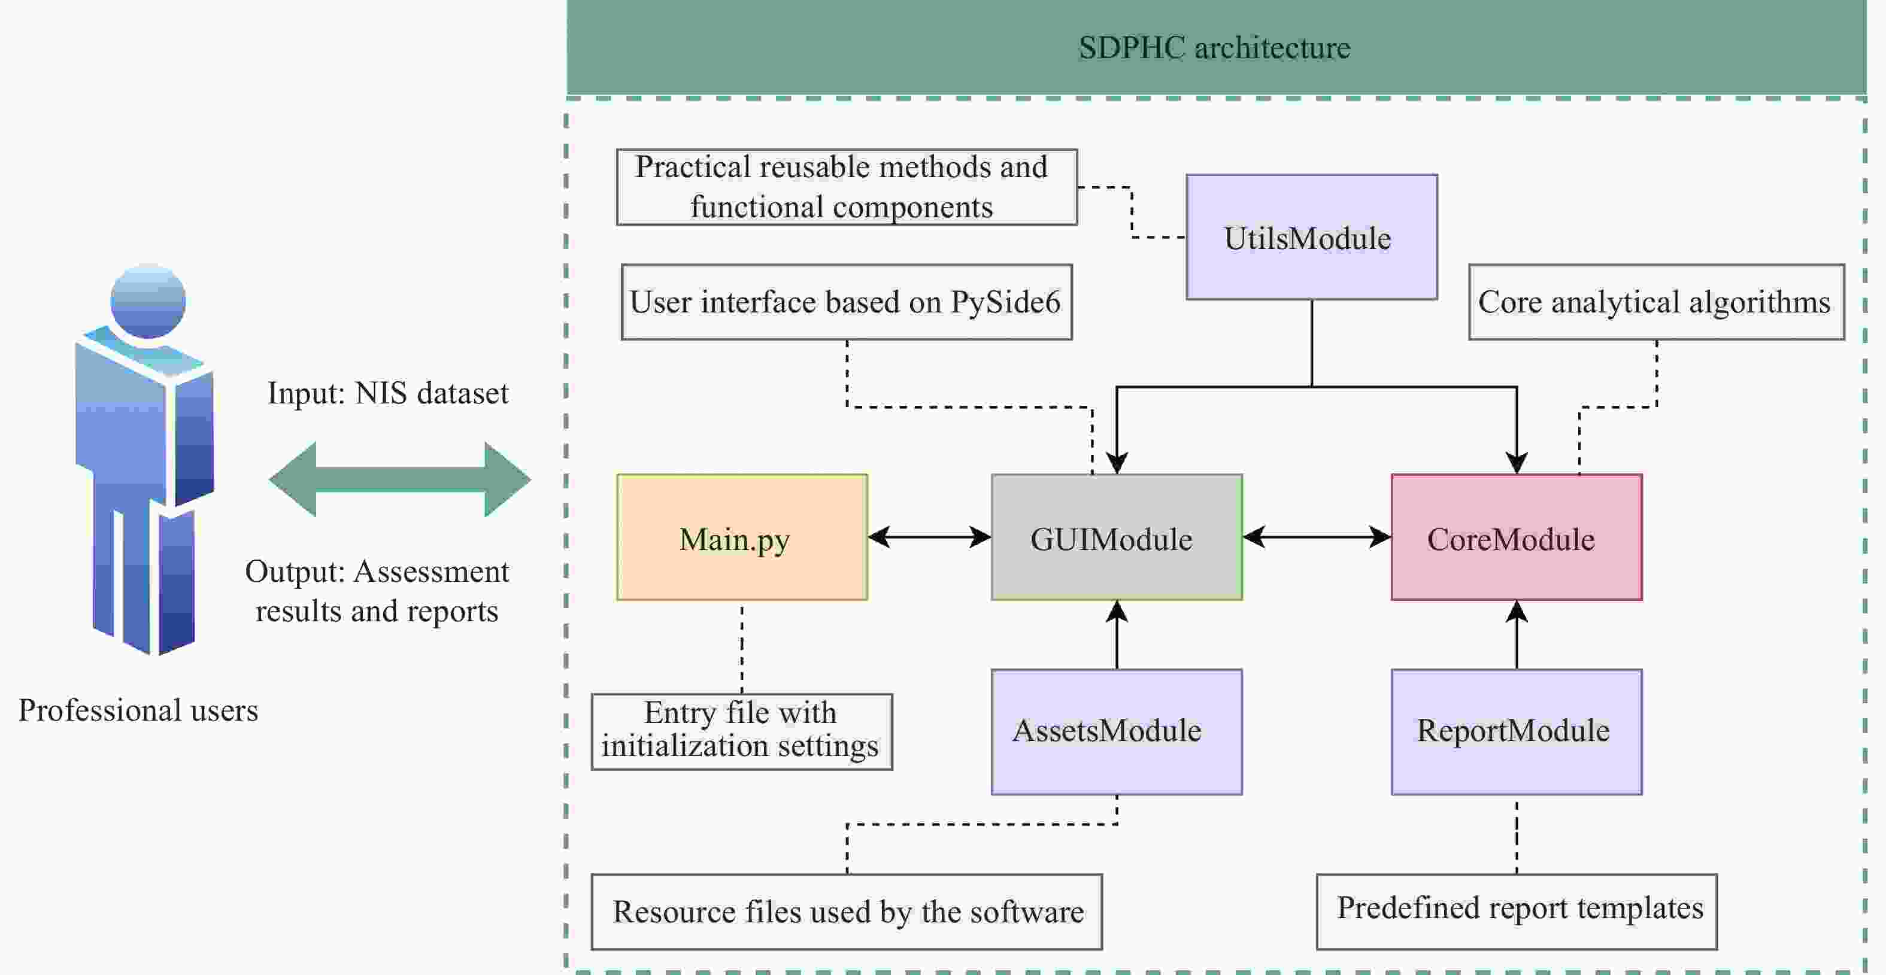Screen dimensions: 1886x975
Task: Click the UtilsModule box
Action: (x=1311, y=237)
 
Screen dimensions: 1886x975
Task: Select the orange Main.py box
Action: (x=742, y=537)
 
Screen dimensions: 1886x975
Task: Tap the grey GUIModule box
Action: (x=1117, y=537)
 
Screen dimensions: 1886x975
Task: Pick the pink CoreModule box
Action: (x=1516, y=537)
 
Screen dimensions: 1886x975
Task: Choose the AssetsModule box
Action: (x=1117, y=732)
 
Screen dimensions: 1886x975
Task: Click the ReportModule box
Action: (x=1516, y=732)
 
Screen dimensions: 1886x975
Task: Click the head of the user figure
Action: (x=148, y=301)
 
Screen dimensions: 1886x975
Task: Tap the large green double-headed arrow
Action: (x=400, y=479)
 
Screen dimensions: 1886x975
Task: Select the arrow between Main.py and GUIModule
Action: (x=930, y=537)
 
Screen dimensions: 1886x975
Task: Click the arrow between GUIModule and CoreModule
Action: (x=1317, y=537)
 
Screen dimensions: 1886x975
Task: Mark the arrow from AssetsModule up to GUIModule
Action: (x=1117, y=634)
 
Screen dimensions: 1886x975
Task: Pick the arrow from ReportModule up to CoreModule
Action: (x=1516, y=634)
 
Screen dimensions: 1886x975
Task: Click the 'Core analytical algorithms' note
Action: (x=1656, y=302)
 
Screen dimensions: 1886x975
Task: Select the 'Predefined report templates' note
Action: (x=1516, y=912)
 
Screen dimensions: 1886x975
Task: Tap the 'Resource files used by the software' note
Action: (x=847, y=912)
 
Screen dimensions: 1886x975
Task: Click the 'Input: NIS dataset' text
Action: (x=388, y=394)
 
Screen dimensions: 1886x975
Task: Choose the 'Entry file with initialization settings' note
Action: (x=742, y=731)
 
